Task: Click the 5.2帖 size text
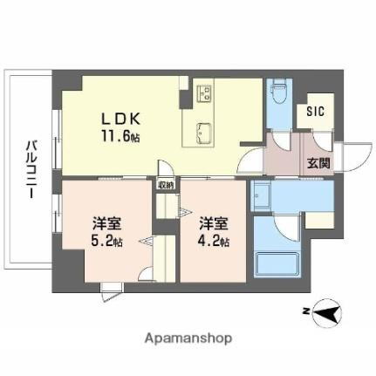click(x=107, y=238)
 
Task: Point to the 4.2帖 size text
click(x=214, y=238)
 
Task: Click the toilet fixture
click(x=278, y=92)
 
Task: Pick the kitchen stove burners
click(x=206, y=93)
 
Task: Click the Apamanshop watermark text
click(x=188, y=336)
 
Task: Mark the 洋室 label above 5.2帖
click(x=107, y=221)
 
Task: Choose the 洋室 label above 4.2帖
click(x=214, y=221)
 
